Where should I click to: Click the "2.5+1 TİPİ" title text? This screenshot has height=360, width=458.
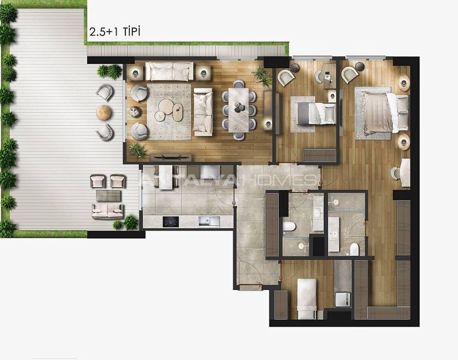(x=115, y=31)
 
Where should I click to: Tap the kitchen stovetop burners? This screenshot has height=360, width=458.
(x=170, y=221)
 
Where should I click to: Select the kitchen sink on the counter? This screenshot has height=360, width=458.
(x=209, y=221)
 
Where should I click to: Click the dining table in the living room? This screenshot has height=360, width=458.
(x=239, y=110)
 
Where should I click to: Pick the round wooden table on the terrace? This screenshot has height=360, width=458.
(x=104, y=112)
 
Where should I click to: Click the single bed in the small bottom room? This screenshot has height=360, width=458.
(x=307, y=298)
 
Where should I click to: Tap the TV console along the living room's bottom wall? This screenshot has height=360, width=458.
(x=171, y=157)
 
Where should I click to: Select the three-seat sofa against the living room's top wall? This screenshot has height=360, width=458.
(x=169, y=71)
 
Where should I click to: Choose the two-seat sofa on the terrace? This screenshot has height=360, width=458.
(x=107, y=212)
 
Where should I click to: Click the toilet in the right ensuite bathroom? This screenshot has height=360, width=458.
(x=354, y=249)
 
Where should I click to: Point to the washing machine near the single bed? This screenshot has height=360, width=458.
(x=342, y=299)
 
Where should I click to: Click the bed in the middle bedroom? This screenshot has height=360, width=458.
(x=316, y=113)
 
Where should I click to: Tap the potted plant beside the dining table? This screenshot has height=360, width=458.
(x=262, y=76)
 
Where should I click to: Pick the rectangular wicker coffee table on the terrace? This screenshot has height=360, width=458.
(x=108, y=195)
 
